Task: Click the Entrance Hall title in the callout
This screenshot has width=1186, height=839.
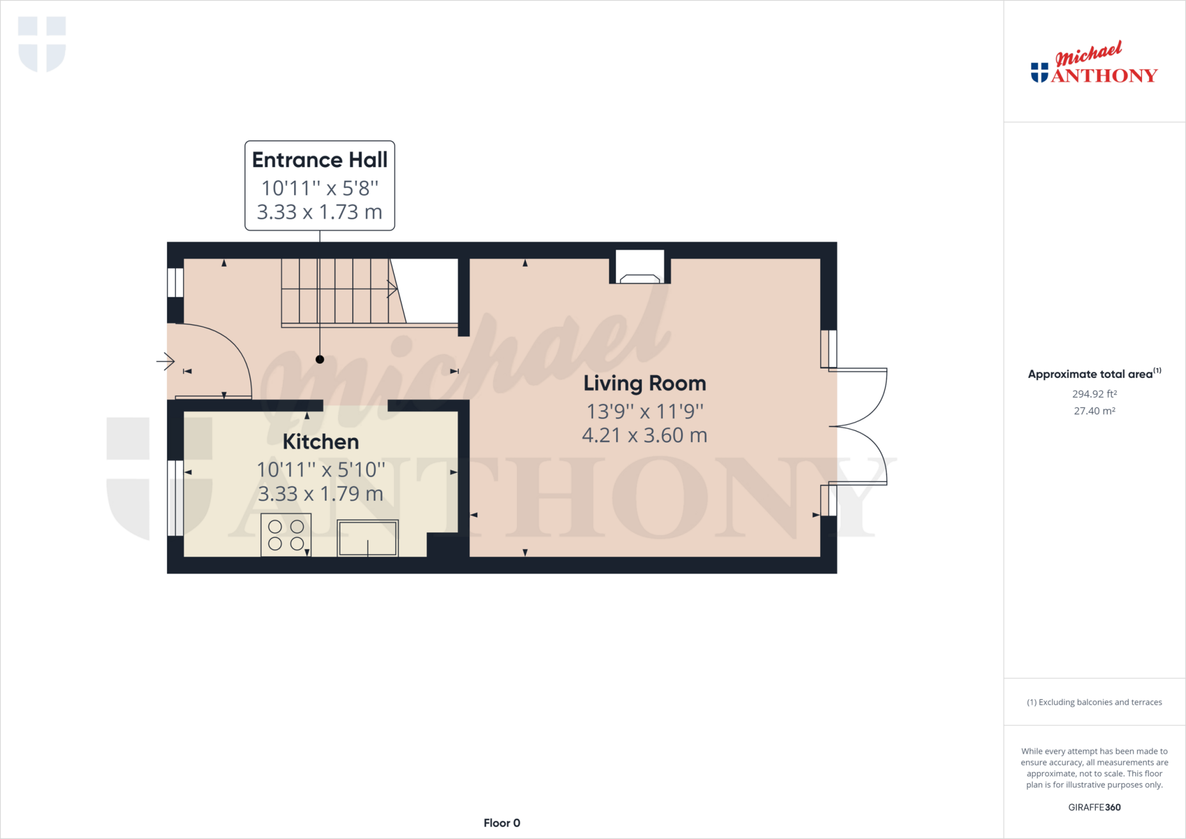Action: tap(320, 160)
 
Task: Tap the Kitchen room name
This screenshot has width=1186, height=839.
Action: tap(321, 442)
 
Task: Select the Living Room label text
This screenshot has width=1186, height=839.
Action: tap(645, 384)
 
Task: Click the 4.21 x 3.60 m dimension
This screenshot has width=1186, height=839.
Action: tap(645, 435)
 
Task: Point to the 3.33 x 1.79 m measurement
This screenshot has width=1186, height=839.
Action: tap(321, 494)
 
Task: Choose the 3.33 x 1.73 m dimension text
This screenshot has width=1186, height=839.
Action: tap(320, 212)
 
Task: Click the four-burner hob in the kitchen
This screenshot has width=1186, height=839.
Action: tap(285, 535)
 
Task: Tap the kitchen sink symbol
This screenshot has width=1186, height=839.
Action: tap(368, 538)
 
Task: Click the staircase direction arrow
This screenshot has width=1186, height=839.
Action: tap(392, 289)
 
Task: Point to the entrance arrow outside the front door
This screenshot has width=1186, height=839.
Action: tap(166, 362)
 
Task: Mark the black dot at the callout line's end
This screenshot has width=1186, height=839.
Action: tap(320, 360)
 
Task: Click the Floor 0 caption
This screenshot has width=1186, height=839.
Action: tap(502, 823)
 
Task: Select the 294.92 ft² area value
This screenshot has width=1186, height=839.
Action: tap(1094, 394)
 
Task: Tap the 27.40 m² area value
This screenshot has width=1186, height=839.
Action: tap(1094, 411)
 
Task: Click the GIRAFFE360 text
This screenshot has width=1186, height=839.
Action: tap(1094, 807)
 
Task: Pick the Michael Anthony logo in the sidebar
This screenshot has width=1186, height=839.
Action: tap(1093, 64)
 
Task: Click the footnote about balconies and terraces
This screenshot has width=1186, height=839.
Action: tap(1094, 702)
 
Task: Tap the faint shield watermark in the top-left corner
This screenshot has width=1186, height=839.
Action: tap(42, 44)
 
